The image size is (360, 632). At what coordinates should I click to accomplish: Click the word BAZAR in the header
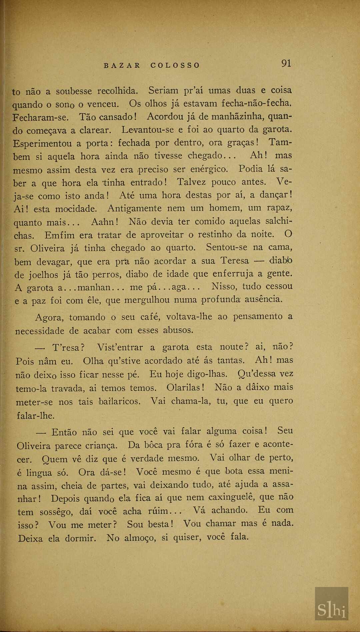tap(122, 65)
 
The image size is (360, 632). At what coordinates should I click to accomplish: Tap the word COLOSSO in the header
tap(175, 65)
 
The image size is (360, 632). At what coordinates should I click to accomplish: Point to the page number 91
tap(286, 63)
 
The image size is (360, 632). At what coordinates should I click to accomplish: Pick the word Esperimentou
tap(42, 144)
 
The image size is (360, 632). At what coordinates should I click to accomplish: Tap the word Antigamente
tap(134, 209)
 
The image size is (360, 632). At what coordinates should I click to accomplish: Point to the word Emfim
tap(60, 235)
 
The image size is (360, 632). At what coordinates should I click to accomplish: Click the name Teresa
tap(235, 261)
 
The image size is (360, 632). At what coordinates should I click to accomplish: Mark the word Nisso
tap(224, 286)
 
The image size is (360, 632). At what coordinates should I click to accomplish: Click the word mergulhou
tap(147, 300)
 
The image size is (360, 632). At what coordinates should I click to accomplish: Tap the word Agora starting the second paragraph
tap(49, 317)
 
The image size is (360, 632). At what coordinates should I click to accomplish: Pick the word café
tap(150, 317)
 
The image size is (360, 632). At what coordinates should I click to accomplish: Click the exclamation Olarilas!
tap(186, 388)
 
